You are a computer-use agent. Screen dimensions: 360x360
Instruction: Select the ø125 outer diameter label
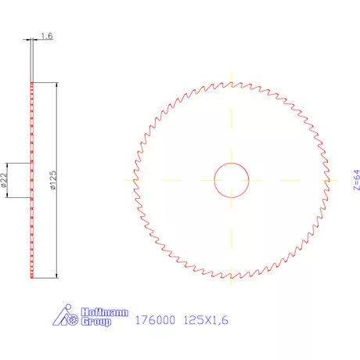point(52,181)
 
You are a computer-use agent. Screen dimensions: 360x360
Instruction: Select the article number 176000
point(155,320)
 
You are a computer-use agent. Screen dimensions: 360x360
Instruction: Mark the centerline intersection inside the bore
point(232,179)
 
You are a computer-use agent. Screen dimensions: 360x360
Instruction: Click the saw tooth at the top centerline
point(232,83)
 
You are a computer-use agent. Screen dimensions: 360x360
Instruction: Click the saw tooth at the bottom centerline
point(232,276)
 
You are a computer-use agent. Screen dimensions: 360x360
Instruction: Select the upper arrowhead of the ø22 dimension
point(10,164)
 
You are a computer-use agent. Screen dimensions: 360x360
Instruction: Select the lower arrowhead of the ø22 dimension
point(10,196)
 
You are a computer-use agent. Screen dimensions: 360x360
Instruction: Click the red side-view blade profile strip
point(31,227)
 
